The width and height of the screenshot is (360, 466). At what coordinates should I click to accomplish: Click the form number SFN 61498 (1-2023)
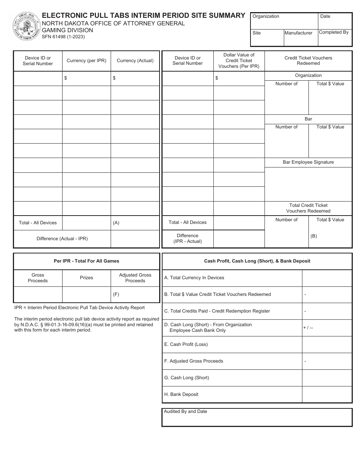pos(63,37)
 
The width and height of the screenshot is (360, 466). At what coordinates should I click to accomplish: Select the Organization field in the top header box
pos(284,21)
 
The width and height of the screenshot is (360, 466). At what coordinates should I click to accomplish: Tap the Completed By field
pos(335,38)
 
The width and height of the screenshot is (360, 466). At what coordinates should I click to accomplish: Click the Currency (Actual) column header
pos(135,61)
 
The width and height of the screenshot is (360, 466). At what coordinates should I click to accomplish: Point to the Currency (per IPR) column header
pos(86,61)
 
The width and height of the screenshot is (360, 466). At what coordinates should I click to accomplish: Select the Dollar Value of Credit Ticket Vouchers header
pos(239,61)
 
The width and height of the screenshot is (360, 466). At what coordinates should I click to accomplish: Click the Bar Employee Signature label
pos(308,162)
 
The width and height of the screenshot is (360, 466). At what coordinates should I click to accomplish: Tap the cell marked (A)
pos(135,223)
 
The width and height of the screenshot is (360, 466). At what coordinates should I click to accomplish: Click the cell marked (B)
pos(330,236)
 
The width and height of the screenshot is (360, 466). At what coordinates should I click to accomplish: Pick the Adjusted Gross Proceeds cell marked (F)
pos(135,294)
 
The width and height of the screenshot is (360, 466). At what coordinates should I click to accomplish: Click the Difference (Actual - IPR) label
pos(62,239)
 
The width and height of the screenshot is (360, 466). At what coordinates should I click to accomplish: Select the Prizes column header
pos(86,278)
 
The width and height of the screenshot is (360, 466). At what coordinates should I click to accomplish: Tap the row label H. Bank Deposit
pos(181,394)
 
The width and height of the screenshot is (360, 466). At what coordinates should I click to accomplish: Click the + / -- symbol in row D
pos(308,328)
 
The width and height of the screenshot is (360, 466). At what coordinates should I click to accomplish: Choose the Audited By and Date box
pos(257,418)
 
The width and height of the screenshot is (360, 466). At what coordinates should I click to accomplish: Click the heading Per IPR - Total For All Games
pos(86,261)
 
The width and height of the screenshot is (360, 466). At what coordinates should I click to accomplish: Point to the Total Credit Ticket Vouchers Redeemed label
pos(308,208)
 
